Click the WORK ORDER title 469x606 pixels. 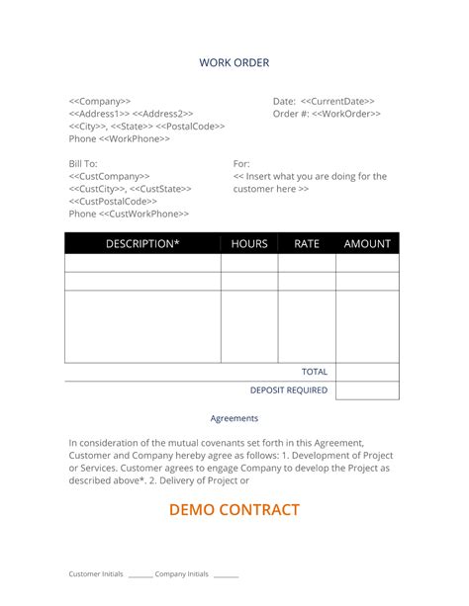[x=234, y=63]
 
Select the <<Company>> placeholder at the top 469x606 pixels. [x=100, y=101]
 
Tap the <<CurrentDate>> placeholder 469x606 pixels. [x=337, y=101]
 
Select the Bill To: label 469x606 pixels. [x=83, y=163]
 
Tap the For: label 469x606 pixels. [x=241, y=163]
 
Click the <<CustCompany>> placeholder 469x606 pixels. [x=110, y=176]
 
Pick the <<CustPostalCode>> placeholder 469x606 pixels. [x=113, y=201]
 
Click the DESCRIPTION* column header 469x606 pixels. [x=142, y=243]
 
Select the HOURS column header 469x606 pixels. [x=249, y=243]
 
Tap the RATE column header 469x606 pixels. [x=307, y=243]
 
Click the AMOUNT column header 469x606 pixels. [x=367, y=243]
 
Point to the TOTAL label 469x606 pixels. [x=315, y=372]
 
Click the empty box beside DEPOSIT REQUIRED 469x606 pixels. [x=367, y=390]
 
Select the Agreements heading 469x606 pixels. [x=234, y=418]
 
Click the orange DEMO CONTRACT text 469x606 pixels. [x=234, y=510]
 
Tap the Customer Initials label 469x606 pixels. [x=96, y=573]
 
